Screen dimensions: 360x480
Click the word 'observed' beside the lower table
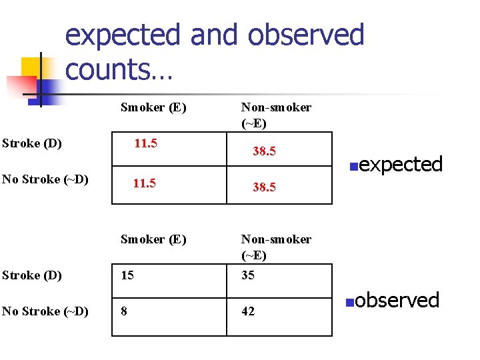pos(397,300)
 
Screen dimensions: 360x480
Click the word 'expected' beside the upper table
pos(401,164)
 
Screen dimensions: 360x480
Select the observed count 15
pos(127,275)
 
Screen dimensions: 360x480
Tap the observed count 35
pos(248,275)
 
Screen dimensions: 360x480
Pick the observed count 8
pos(124,311)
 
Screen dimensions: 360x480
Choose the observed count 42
pos(248,311)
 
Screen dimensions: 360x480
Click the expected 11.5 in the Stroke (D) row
pos(145,143)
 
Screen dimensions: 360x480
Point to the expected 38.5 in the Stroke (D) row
pos(264,151)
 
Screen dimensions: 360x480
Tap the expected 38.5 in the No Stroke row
pos(264,187)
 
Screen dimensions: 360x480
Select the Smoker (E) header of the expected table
pos(153,107)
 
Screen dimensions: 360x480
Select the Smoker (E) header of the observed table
pos(153,239)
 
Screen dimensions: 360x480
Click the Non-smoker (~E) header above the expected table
pos(276,115)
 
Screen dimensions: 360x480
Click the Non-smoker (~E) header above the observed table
pos(276,247)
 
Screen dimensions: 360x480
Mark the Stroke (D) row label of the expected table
pos(32,143)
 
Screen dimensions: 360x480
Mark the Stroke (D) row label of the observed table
pos(32,275)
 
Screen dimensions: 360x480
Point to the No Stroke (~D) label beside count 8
pos(45,311)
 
